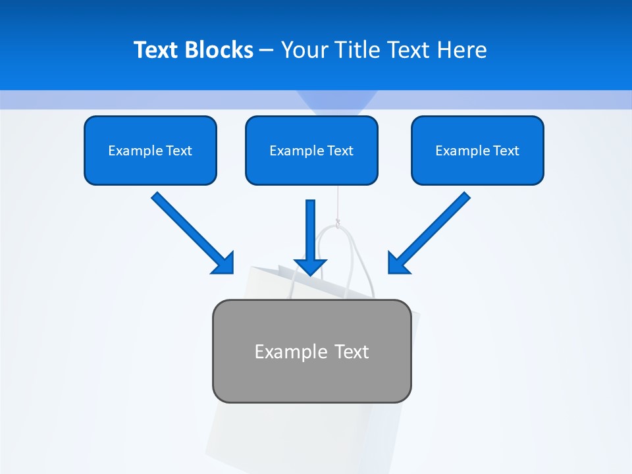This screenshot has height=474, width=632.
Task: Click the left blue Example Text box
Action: (150, 150)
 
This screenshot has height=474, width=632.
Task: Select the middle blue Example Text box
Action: (311, 150)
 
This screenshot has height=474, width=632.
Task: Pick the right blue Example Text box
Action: (477, 150)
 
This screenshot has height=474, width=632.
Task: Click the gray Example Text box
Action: (311, 351)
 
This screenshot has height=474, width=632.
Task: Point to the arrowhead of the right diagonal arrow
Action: (398, 263)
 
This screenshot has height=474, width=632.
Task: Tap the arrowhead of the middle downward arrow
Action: (311, 266)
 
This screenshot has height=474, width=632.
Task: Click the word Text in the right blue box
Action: (506, 151)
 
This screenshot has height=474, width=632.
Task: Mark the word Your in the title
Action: (305, 50)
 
